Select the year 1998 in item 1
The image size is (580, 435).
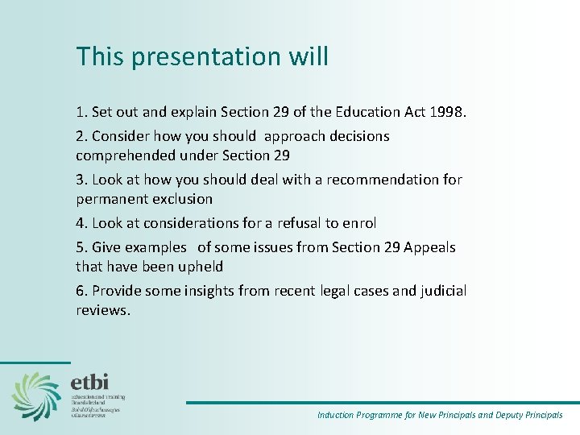point(448,112)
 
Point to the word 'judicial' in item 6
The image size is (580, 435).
point(443,291)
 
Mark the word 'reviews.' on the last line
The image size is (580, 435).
point(102,309)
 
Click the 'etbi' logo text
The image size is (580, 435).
point(89,382)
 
